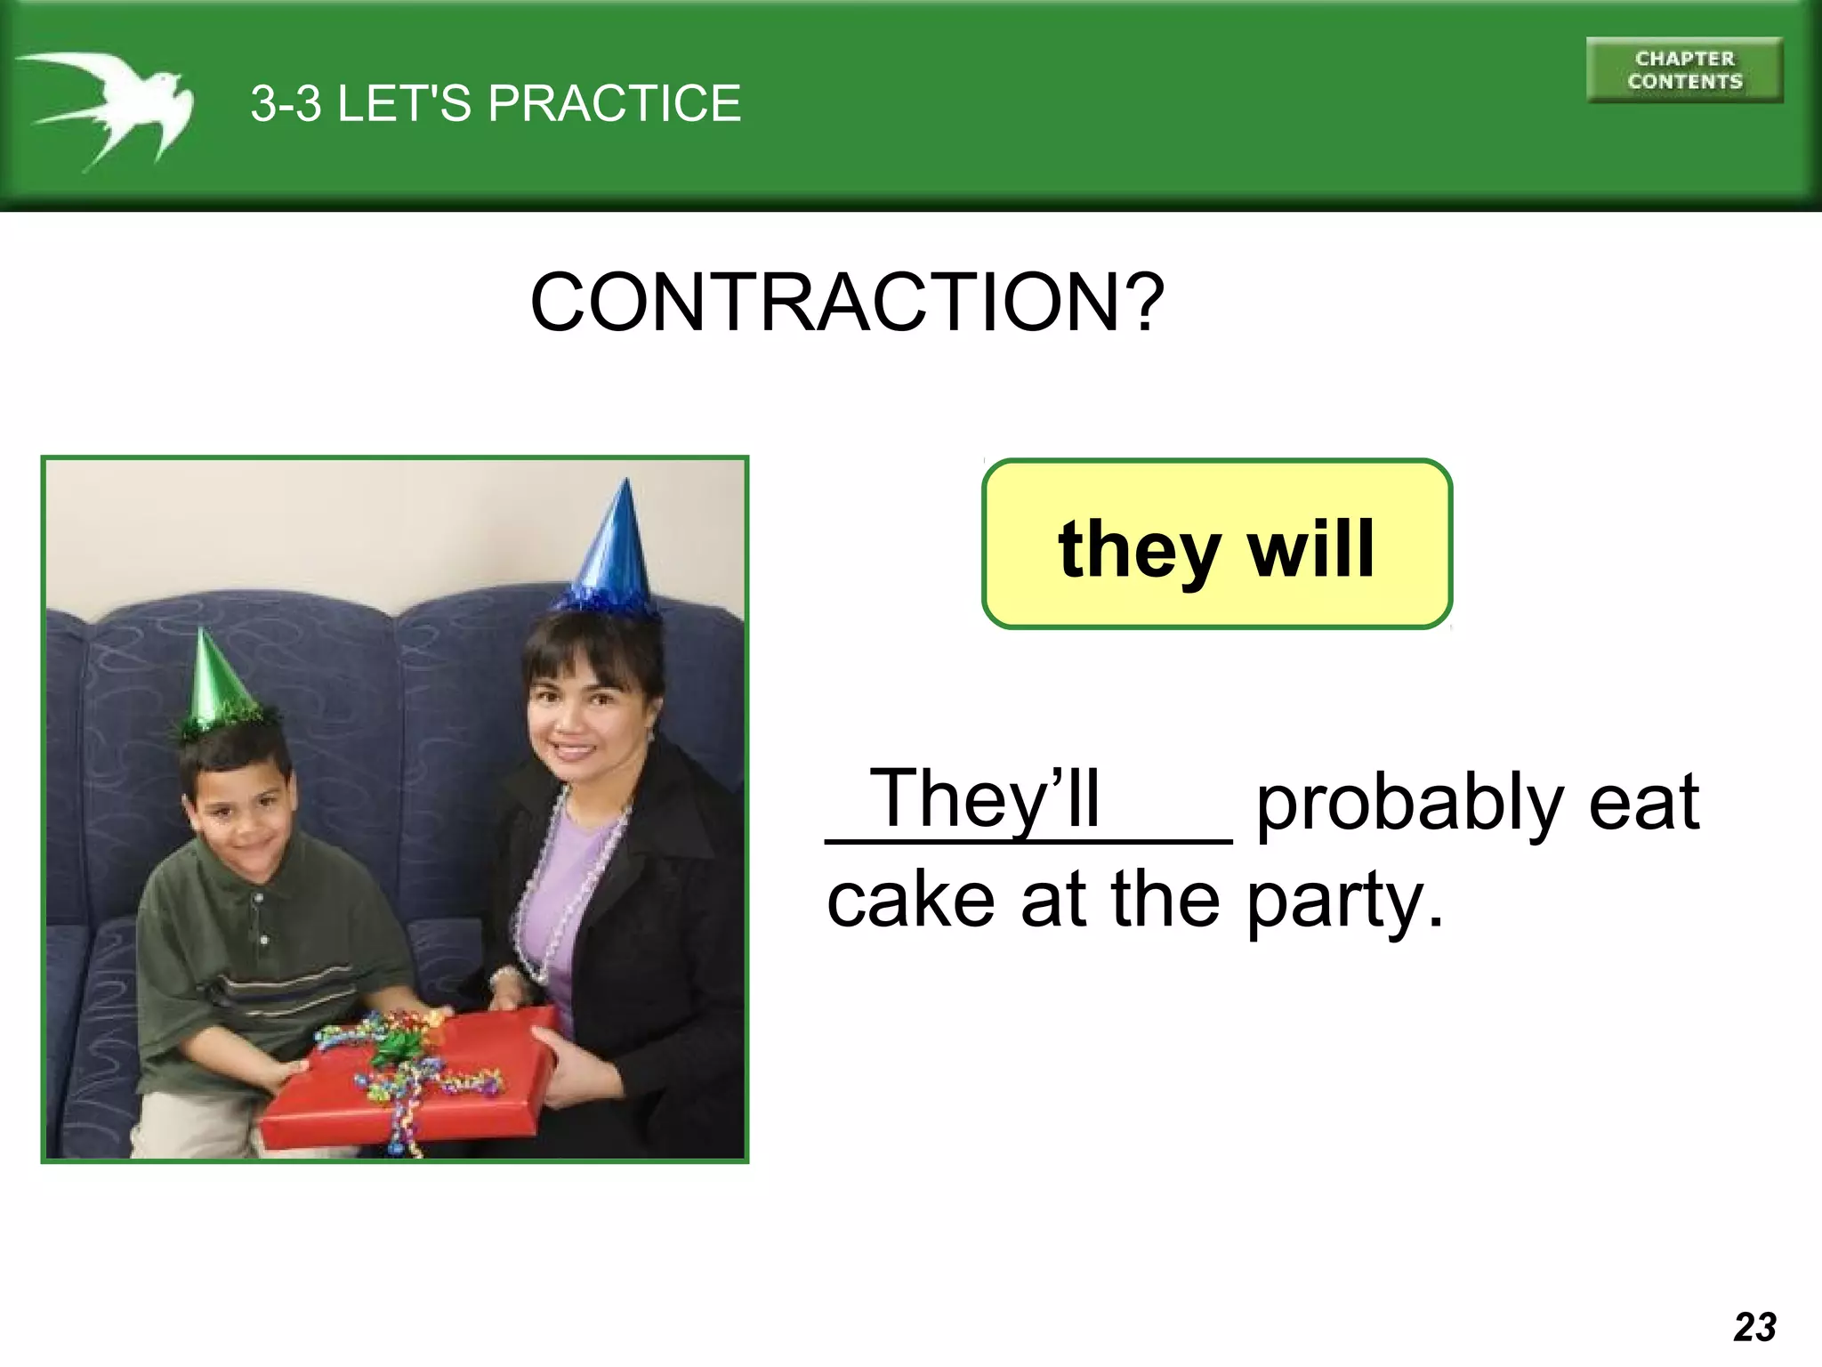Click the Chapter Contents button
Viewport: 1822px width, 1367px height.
[x=1684, y=70]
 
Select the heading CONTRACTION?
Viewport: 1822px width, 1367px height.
[x=846, y=303]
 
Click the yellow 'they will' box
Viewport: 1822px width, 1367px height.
[x=1216, y=545]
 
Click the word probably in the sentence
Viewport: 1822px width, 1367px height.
[x=1410, y=805]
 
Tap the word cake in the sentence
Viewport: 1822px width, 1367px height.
[x=911, y=900]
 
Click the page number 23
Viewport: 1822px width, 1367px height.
[x=1754, y=1327]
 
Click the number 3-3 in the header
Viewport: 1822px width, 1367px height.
[x=286, y=103]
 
